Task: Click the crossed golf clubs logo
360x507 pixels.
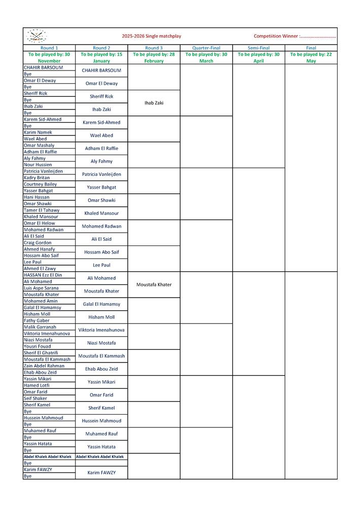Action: pyautogui.click(x=36, y=36)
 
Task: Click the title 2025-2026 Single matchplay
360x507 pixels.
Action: pyautogui.click(x=151, y=37)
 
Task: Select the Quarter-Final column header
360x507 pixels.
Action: pyautogui.click(x=206, y=48)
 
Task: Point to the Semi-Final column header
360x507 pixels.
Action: pyautogui.click(x=259, y=48)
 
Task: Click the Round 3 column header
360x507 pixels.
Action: pyautogui.click(x=154, y=48)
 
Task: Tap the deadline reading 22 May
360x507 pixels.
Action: pyautogui.click(x=311, y=58)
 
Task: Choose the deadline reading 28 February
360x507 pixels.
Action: pyautogui.click(x=154, y=58)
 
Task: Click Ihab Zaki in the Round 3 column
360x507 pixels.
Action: pyautogui.click(x=154, y=103)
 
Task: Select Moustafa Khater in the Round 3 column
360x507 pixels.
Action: pyautogui.click(x=154, y=284)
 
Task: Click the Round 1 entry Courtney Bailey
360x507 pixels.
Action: pyautogui.click(x=41, y=184)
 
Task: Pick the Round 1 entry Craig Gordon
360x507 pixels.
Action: pyautogui.click(x=38, y=243)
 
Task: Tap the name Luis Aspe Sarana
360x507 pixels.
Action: pyautogui.click(x=41, y=288)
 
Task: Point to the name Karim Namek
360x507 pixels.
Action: pyautogui.click(x=38, y=132)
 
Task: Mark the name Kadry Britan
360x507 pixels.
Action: pyautogui.click(x=37, y=178)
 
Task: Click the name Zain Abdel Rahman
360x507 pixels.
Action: pyautogui.click(x=44, y=366)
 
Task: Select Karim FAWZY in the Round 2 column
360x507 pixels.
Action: pyautogui.click(x=101, y=473)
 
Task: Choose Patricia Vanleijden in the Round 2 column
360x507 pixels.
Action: pyautogui.click(x=101, y=174)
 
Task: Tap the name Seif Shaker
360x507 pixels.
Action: pyautogui.click(x=35, y=399)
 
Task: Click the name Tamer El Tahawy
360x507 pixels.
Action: pyautogui.click(x=42, y=210)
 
